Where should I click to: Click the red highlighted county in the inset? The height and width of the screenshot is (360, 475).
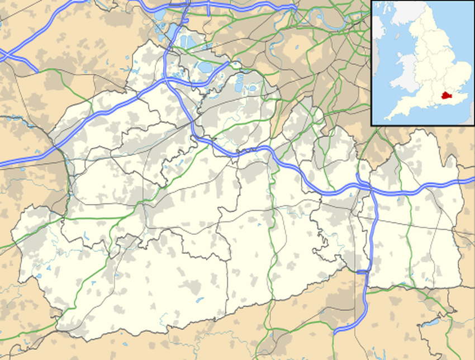click(x=445, y=96)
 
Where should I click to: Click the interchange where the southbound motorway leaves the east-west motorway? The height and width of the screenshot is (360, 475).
click(x=369, y=189)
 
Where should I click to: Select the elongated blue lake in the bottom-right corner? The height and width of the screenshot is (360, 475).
click(x=431, y=323)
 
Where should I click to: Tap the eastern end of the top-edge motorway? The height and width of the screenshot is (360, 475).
click(x=293, y=7)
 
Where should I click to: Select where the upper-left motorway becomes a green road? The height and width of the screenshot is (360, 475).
click(x=38, y=70)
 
